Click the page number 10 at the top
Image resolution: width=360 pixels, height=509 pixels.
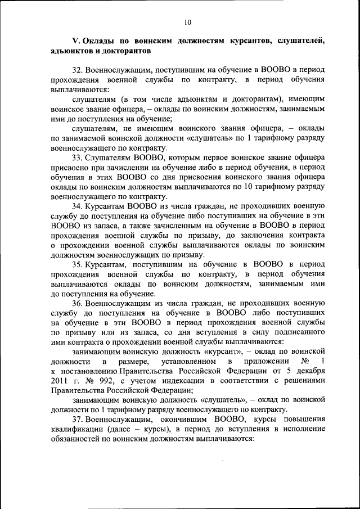[187, 22]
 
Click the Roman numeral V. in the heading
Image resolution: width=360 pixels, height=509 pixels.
[76, 42]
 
